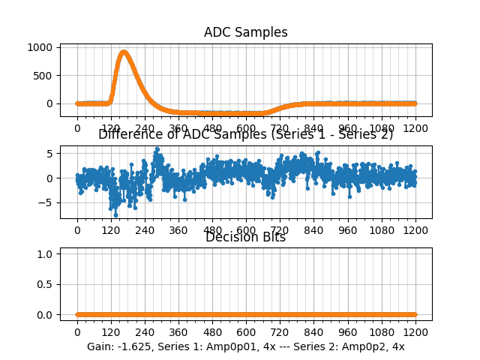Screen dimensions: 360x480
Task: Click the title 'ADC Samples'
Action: (x=245, y=32)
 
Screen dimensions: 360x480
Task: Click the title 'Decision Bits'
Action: (x=245, y=237)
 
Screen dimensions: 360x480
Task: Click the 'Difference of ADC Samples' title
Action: (x=245, y=134)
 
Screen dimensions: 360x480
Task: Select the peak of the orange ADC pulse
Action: (x=124, y=52)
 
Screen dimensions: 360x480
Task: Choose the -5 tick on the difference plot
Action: (x=47, y=202)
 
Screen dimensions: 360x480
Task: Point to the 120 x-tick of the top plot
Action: (x=111, y=127)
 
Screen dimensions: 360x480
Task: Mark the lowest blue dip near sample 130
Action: (x=115, y=214)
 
